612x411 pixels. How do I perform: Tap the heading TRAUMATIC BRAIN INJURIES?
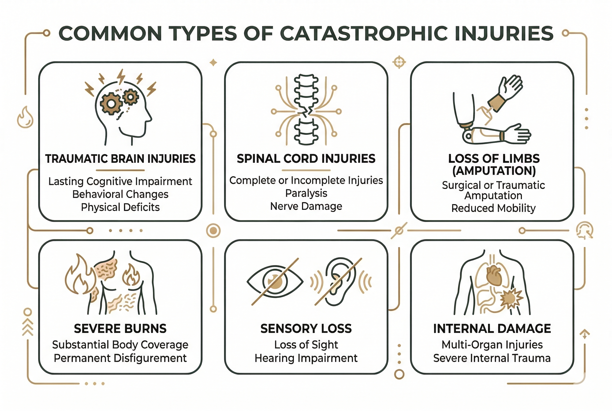click(x=120, y=159)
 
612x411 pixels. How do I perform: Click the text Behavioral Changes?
click(x=120, y=194)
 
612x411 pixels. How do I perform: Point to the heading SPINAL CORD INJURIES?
click(x=306, y=159)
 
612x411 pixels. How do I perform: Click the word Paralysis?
click(x=306, y=193)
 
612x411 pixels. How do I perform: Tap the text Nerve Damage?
click(x=306, y=206)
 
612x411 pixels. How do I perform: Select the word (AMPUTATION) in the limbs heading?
click(x=494, y=171)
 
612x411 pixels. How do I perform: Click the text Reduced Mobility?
click(x=493, y=208)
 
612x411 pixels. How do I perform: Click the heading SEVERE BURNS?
click(x=120, y=328)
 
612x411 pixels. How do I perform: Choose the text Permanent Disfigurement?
click(x=120, y=358)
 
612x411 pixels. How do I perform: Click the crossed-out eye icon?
click(x=275, y=282)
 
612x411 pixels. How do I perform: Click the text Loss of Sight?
click(x=306, y=345)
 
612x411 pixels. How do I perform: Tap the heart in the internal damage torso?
click(x=494, y=276)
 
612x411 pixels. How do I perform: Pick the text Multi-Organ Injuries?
click(x=492, y=345)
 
